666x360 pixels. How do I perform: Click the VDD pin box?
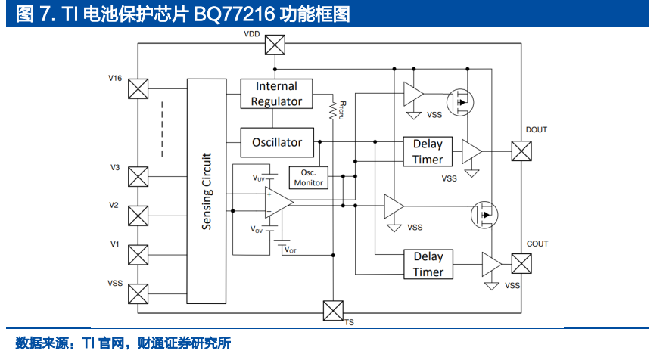[275, 45]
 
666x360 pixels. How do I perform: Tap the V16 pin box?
[138, 88]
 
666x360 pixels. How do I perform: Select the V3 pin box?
[138, 177]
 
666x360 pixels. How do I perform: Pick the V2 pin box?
[138, 216]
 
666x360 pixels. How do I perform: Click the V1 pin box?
[138, 255]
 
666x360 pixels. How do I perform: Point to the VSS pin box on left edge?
[138, 293]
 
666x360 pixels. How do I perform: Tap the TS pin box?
[333, 311]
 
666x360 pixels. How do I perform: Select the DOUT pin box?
[521, 151]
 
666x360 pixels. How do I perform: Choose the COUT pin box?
[521, 264]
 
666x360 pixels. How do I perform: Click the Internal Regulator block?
[276, 94]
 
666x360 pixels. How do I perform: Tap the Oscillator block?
[277, 143]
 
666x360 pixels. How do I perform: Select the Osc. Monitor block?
[308, 178]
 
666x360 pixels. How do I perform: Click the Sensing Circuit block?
[207, 191]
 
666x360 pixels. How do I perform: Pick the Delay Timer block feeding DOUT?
[428, 151]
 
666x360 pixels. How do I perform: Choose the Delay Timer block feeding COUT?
[428, 264]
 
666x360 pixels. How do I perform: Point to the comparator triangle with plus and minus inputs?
[278, 203]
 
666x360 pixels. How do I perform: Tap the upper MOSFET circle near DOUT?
[460, 102]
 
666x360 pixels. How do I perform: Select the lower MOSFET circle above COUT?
[484, 215]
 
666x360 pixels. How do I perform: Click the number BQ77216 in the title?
[235, 14]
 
